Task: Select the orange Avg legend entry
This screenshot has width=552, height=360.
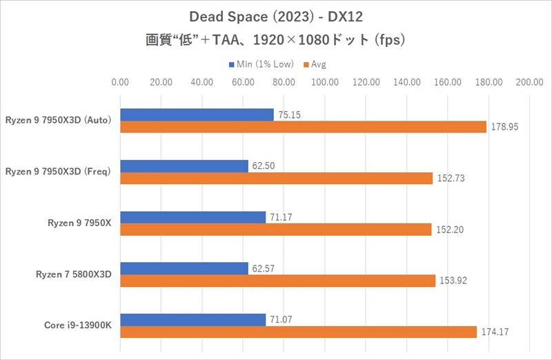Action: pos(314,64)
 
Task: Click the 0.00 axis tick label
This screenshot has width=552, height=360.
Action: pos(120,83)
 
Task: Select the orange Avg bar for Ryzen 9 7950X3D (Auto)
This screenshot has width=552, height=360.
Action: pos(303,127)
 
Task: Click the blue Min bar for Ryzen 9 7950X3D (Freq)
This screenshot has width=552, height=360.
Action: pos(184,166)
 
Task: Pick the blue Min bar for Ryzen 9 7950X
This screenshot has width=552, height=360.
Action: pos(193,217)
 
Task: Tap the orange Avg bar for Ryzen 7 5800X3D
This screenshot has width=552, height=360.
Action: pos(277,281)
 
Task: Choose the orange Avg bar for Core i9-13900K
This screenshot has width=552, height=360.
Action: pos(298,332)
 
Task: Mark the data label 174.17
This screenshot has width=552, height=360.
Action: pos(494,332)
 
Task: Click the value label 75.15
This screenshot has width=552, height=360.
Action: pos(290,115)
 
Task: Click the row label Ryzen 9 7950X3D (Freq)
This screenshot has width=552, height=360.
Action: pos(58,172)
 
